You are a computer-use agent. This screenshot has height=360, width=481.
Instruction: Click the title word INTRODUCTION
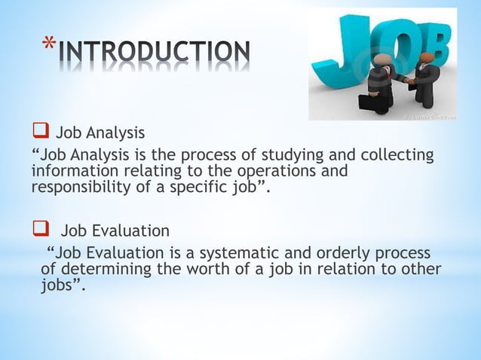coord(154,52)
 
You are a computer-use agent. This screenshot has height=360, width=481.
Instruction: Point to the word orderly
coord(344,252)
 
